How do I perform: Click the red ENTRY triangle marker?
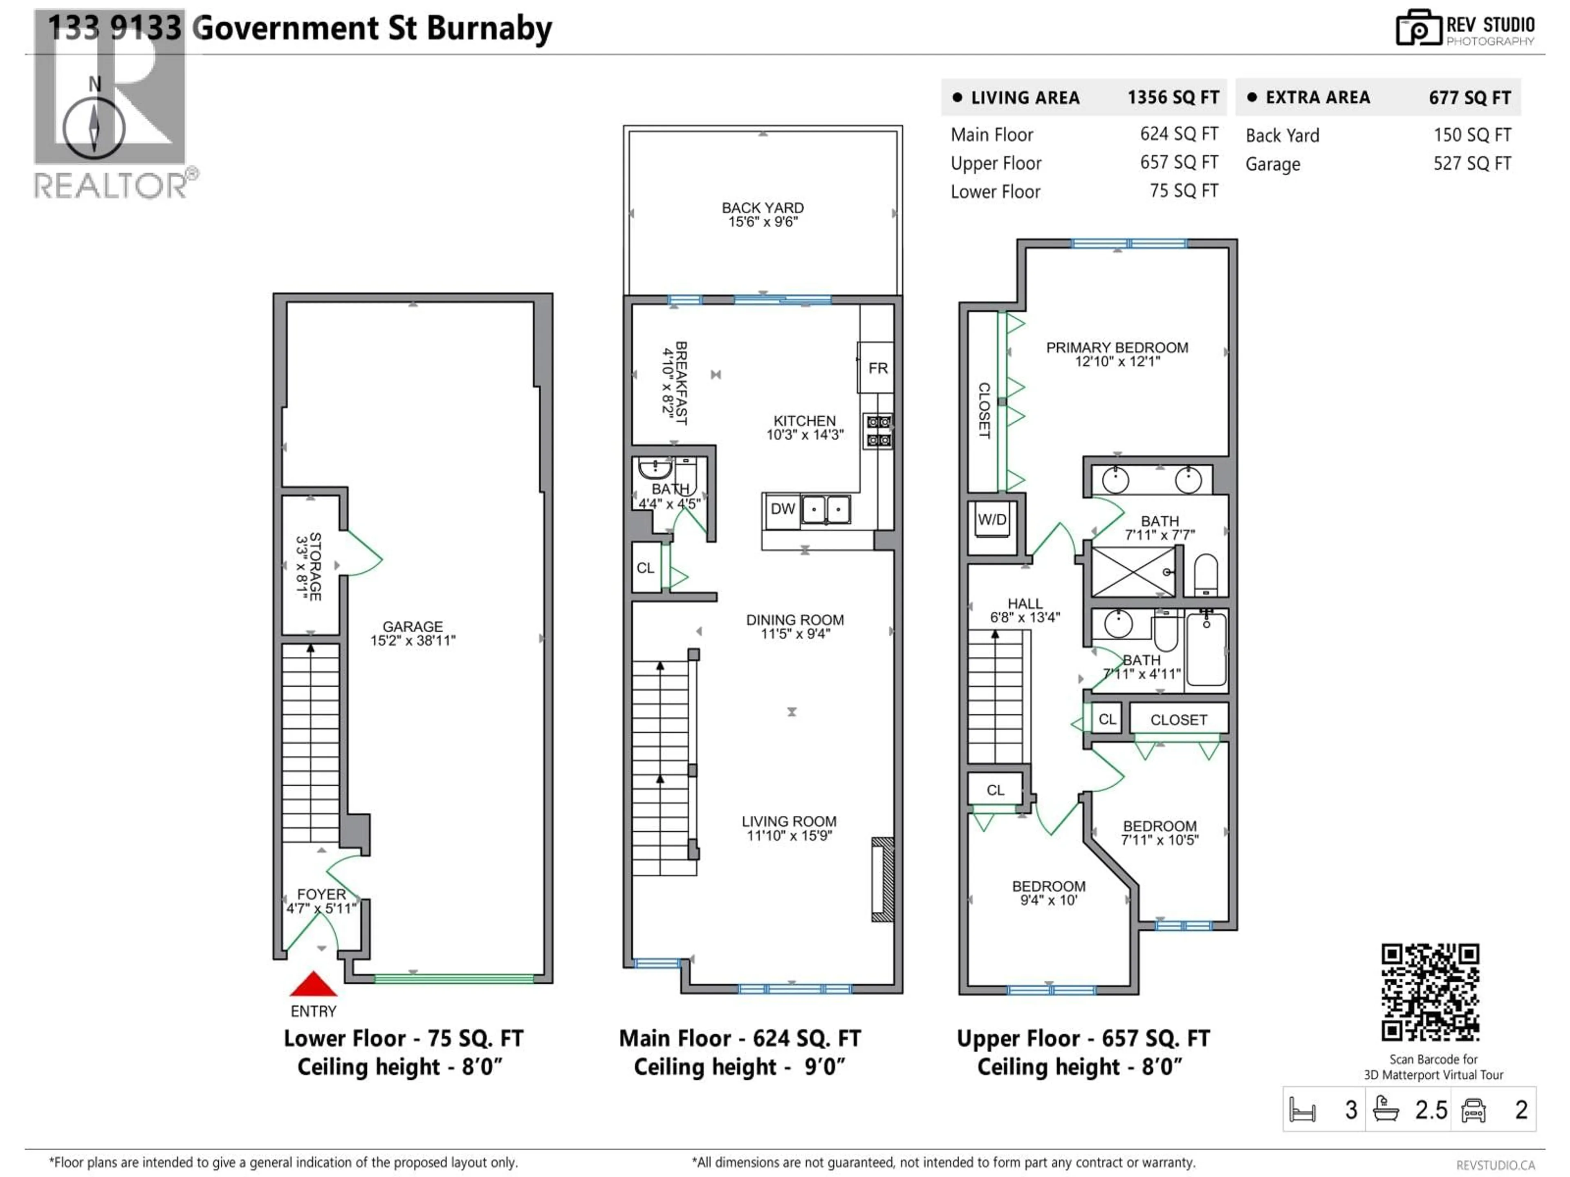[313, 985]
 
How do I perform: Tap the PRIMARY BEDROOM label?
[1117, 348]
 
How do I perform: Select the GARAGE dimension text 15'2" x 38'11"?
[413, 640]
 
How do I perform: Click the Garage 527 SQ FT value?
[1471, 164]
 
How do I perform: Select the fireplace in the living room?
[882, 880]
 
